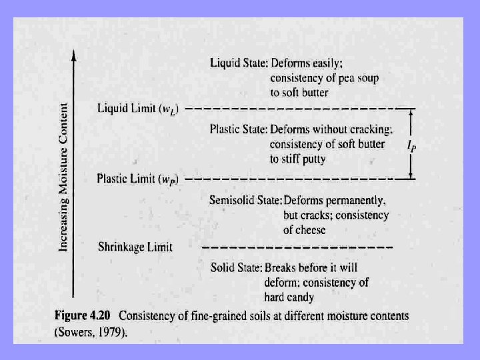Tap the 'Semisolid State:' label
coord(245,200)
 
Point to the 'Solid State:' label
coord(236,268)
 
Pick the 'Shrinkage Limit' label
coord(135,247)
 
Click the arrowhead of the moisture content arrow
coord(73,57)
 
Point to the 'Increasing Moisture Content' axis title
coord(63,177)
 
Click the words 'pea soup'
coord(354,78)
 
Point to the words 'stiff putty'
coord(309,159)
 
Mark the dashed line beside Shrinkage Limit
coord(297,248)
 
